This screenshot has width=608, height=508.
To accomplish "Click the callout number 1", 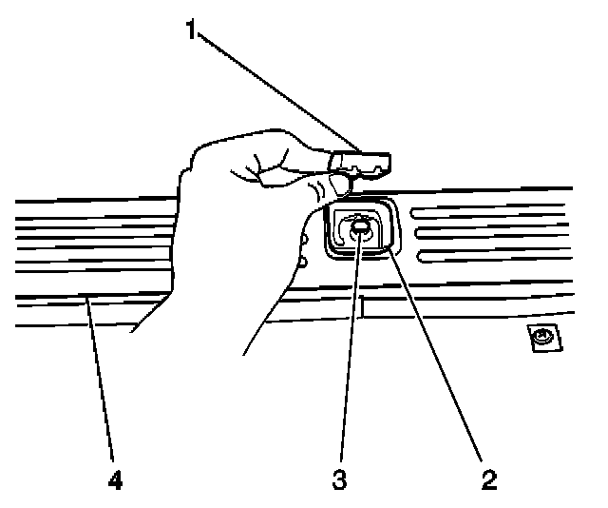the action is coord(192,31).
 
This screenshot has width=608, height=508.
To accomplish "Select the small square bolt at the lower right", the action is coord(542,336).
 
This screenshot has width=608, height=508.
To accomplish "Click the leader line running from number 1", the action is coord(275,90).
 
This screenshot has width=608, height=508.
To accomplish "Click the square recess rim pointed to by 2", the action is coord(391,249).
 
